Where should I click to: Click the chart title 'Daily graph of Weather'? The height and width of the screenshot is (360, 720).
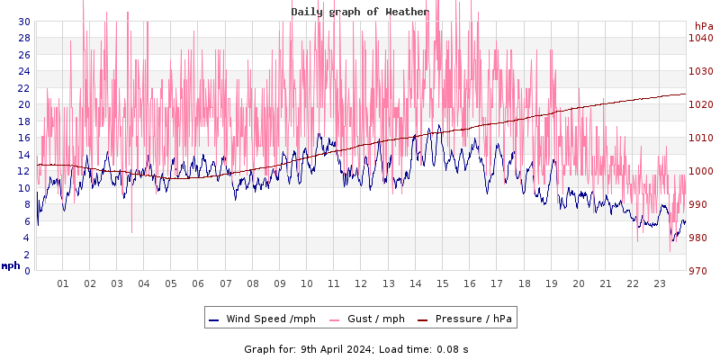click(359, 12)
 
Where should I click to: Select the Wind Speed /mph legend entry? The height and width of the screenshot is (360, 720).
click(261, 319)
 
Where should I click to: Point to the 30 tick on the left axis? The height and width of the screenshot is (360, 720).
click(23, 22)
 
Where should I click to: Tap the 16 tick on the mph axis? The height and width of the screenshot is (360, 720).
click(23, 138)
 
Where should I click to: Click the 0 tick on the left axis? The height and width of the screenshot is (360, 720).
click(27, 271)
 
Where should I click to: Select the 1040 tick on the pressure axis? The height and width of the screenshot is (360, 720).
click(701, 38)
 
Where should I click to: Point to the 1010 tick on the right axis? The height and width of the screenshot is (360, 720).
click(701, 138)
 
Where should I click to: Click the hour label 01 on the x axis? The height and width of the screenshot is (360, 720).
click(63, 283)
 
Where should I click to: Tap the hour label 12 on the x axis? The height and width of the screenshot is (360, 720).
click(361, 283)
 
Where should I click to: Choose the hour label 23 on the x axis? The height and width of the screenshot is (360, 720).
click(660, 283)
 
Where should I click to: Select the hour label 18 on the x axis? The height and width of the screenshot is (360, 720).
click(524, 283)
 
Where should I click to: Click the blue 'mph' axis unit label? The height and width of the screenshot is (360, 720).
click(11, 265)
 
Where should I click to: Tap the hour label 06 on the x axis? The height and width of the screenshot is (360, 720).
click(198, 283)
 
